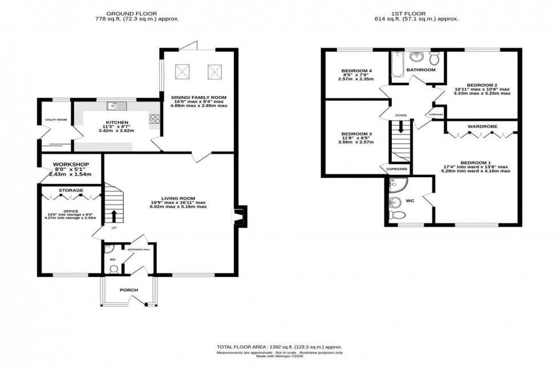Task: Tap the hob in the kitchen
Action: [x=154, y=120]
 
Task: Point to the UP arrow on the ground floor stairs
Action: [x=113, y=216]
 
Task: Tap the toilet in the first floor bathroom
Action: [x=434, y=58]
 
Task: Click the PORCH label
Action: [x=128, y=290]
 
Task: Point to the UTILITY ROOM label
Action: [x=56, y=120]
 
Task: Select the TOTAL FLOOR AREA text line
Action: [x=279, y=347]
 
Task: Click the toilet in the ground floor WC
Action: [x=113, y=269]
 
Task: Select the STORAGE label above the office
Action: [x=71, y=190]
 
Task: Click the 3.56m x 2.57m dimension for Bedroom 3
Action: [x=355, y=142]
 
